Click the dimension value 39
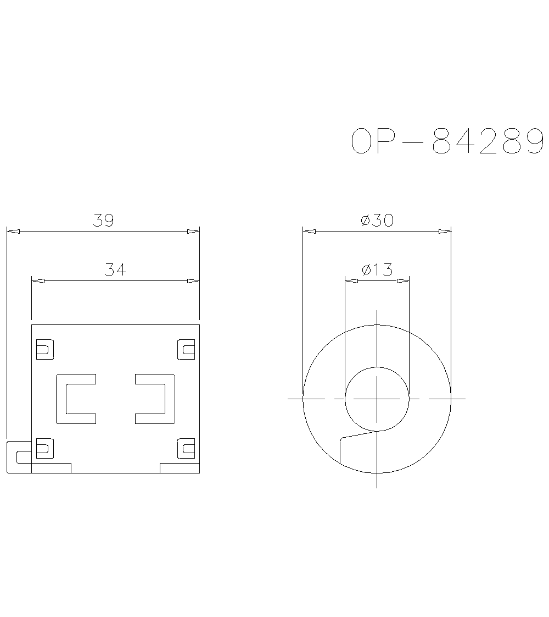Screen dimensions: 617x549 pyautogui.click(x=103, y=221)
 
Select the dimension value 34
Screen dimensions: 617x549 pyautogui.click(x=115, y=270)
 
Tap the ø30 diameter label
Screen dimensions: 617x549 pyautogui.click(x=377, y=221)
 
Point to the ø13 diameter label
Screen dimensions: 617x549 pyautogui.click(x=377, y=270)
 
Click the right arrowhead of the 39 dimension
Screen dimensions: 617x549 pyautogui.click(x=193, y=232)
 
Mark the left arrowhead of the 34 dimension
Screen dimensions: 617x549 pyautogui.click(x=38, y=281)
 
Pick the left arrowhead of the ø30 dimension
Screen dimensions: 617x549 pyautogui.click(x=310, y=232)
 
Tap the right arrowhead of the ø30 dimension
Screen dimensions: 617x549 pyautogui.click(x=445, y=232)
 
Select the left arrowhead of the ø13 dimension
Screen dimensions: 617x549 pyautogui.click(x=351, y=281)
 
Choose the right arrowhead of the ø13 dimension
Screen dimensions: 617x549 pyautogui.click(x=403, y=281)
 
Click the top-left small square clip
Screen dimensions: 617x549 pyautogui.click(x=44, y=349)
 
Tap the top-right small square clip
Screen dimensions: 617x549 pyautogui.click(x=187, y=349)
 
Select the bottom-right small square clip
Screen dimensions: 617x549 pyautogui.click(x=187, y=449)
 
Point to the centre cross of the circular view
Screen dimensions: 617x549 pyautogui.click(x=377, y=398)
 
